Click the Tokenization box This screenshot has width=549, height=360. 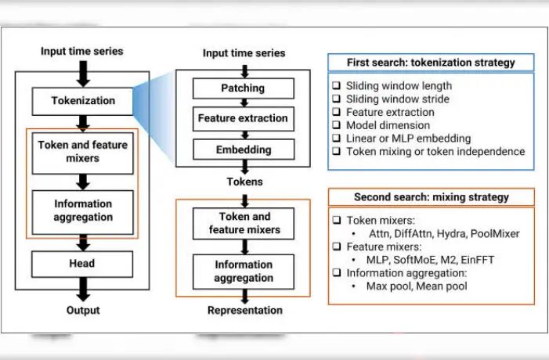[82, 100]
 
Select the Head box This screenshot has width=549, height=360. [82, 264]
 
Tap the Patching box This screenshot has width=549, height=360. [243, 88]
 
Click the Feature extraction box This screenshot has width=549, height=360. [243, 119]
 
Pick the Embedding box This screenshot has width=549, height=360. [243, 149]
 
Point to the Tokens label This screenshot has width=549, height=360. [243, 182]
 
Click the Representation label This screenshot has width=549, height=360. [244, 311]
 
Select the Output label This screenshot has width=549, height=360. [82, 311]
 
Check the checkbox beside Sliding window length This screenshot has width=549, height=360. [335, 86]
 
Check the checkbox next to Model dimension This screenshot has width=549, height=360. [335, 125]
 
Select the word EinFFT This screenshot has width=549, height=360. [477, 260]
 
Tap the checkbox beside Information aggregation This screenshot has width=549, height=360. [335, 273]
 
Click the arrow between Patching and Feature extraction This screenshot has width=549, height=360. [243, 103]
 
